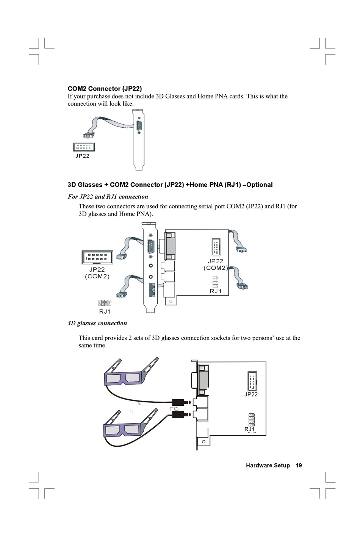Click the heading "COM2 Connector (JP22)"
point(105,89)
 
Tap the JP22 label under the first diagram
point(82,156)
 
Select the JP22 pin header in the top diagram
point(84,147)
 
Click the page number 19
point(299,465)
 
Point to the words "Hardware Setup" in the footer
point(268,465)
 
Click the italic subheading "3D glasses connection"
point(97,323)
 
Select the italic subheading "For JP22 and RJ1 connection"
point(108,197)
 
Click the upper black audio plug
point(181,402)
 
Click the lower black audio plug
point(181,414)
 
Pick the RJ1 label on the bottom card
point(250,429)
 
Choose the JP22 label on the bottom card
point(251,394)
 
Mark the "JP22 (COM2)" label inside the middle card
point(216,264)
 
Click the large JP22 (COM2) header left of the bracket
point(97,257)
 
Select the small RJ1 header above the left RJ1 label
point(104,303)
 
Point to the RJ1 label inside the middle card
point(216,291)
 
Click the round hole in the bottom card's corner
point(204,442)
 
